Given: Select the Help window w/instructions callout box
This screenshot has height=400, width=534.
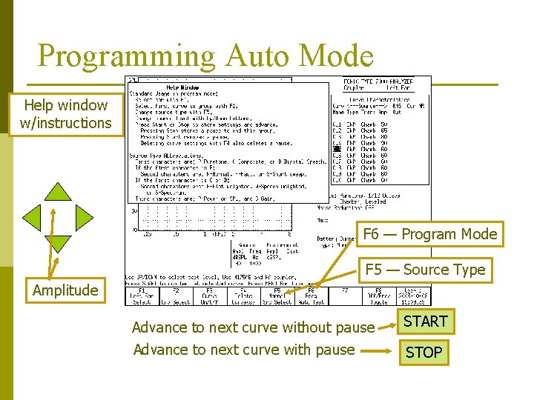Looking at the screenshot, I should coord(66,115).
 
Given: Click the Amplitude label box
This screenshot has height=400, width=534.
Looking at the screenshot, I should coord(65,290).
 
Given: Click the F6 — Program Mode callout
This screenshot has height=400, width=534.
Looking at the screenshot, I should coord(429,234).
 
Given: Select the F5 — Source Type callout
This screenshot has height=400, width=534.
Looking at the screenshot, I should coord(425,270).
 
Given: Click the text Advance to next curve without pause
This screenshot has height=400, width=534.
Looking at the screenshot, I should coord(253,327).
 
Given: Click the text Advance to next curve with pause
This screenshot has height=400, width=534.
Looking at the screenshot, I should coord(244,349).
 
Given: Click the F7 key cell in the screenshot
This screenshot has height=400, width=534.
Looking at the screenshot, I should coord(344,296).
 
